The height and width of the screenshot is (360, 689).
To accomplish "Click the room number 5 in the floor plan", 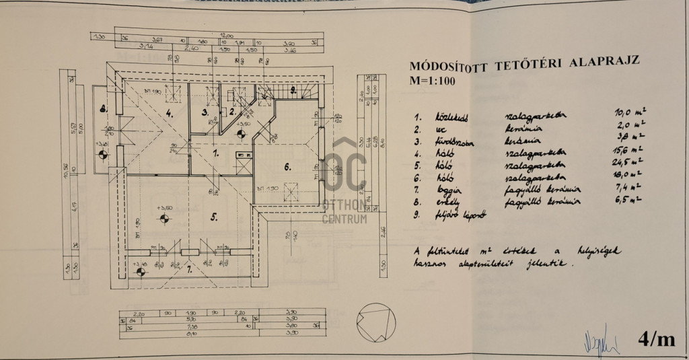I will (x=213, y=217).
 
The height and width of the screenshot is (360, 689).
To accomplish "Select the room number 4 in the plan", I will (x=170, y=114).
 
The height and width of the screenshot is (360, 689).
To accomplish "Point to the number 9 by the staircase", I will (x=293, y=89).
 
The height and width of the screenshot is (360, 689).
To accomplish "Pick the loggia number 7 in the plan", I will (x=189, y=270).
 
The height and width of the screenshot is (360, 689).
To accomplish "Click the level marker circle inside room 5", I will (x=162, y=217).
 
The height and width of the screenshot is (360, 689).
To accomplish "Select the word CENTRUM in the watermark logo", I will (x=345, y=218).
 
